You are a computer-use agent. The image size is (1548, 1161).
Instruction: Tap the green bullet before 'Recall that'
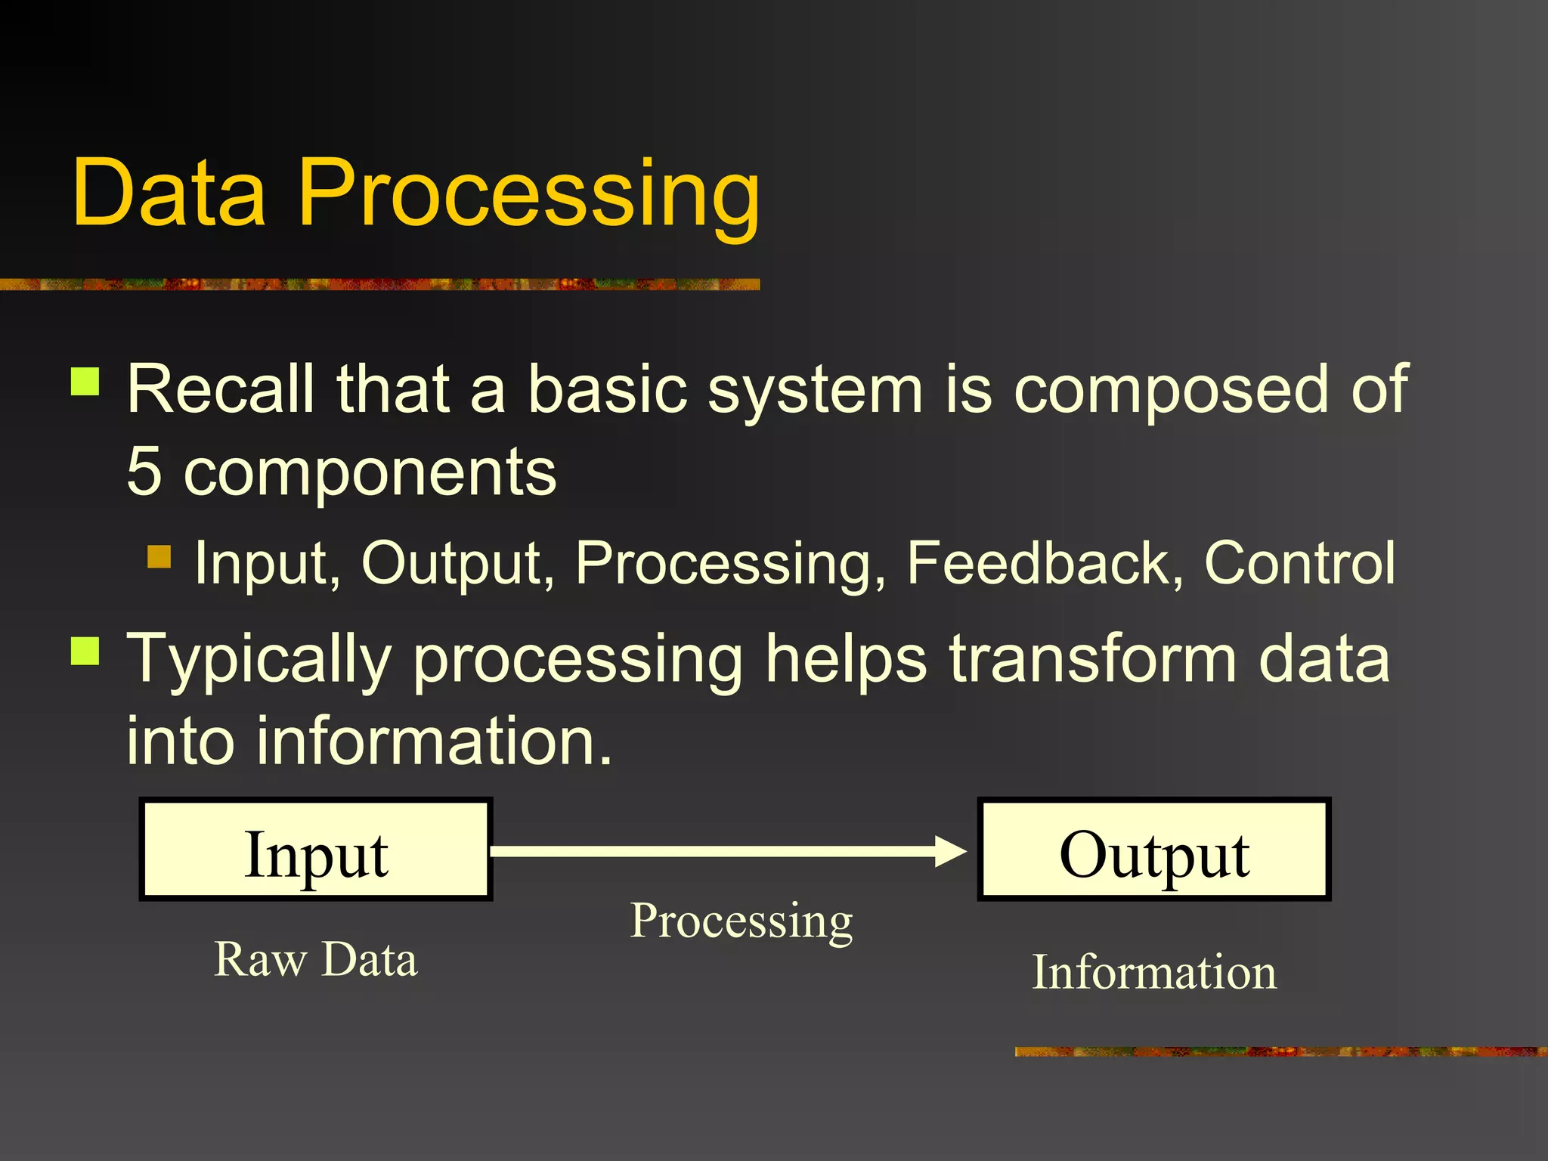(x=85, y=382)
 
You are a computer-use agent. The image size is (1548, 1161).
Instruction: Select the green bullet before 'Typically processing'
(x=85, y=651)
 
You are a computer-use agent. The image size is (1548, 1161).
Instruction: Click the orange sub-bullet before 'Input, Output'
(x=159, y=557)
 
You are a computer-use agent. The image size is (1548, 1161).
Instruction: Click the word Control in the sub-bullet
(x=1299, y=563)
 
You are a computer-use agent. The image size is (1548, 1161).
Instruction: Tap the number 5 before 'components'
(x=144, y=472)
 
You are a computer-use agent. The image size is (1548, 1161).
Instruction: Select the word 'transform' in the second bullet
(x=1093, y=659)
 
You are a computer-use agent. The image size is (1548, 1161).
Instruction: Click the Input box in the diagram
(x=316, y=850)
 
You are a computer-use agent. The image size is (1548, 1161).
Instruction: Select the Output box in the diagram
(x=1153, y=850)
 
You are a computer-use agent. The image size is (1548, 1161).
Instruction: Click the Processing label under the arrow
(x=741, y=921)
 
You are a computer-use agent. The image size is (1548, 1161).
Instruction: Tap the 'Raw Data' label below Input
(x=315, y=959)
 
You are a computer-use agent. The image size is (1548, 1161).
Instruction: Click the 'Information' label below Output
(x=1154, y=972)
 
